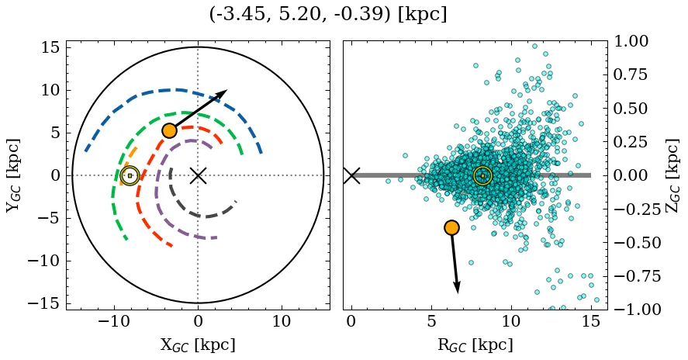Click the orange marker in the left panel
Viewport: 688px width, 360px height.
(169, 130)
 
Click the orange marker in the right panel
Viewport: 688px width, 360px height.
(451, 227)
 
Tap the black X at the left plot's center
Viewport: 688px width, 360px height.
(198, 175)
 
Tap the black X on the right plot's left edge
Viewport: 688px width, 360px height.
(351, 175)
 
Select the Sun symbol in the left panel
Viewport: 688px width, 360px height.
(130, 176)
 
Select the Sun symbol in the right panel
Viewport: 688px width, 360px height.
(482, 176)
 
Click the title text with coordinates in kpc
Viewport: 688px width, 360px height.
(328, 15)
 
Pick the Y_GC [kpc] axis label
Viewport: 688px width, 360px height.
(13, 175)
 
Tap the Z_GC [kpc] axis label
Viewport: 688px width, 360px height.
(673, 175)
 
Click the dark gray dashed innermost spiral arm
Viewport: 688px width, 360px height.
(203, 216)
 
